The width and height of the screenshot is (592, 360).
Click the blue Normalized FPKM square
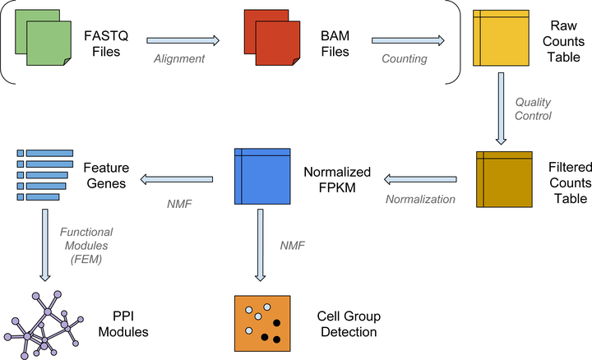click(x=263, y=178)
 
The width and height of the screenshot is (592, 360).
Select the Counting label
click(x=404, y=58)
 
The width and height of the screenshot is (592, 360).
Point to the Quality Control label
click(x=533, y=108)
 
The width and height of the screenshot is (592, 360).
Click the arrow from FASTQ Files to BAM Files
click(x=183, y=39)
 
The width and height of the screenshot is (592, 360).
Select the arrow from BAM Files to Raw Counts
click(x=408, y=39)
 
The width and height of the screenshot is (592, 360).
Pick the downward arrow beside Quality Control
click(x=498, y=108)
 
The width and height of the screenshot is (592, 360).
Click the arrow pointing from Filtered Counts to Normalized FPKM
click(x=421, y=178)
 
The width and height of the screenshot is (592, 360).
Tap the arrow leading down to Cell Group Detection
click(x=261, y=244)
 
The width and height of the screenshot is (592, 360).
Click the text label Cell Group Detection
click(x=346, y=323)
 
